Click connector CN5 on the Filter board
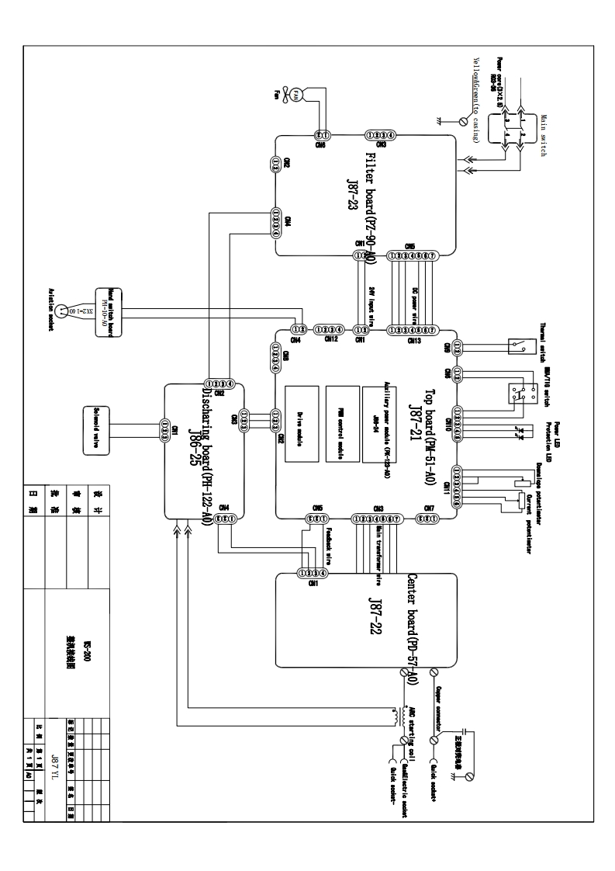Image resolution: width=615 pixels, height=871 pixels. tap(413, 255)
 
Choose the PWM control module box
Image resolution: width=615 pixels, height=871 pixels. tap(342, 424)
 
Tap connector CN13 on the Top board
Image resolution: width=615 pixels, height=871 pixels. tap(413, 329)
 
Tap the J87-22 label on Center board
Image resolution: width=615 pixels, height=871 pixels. tap(375, 619)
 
